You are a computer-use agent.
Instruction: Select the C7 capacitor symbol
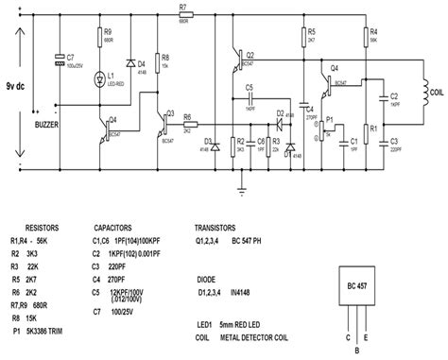[x=59, y=65]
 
